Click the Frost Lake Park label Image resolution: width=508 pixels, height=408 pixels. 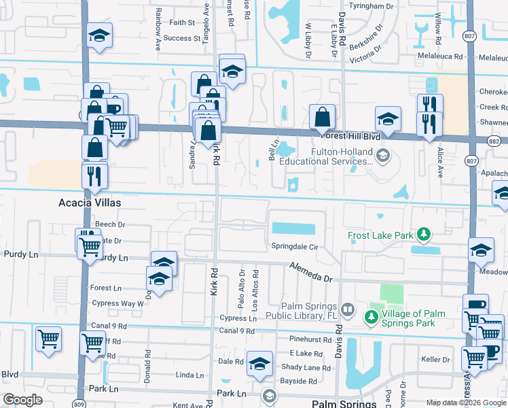click(x=381, y=235)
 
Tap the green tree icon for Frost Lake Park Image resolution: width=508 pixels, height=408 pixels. click(x=424, y=235)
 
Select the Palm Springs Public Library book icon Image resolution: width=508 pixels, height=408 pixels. click(x=348, y=309)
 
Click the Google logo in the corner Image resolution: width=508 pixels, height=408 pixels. click(x=22, y=400)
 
